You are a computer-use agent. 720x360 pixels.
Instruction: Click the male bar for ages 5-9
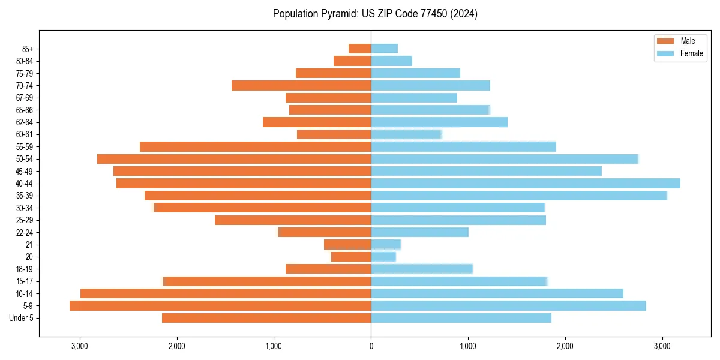tap(220, 306)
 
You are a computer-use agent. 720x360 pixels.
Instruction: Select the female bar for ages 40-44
tap(526, 184)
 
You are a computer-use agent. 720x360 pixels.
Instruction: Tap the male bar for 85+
tap(360, 49)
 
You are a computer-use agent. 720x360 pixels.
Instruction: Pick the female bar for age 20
tap(383, 257)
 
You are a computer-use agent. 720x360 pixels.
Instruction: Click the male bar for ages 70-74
tap(301, 86)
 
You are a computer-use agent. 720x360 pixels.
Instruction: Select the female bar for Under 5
tap(461, 318)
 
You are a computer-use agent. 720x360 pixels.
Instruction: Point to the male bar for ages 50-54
tap(234, 159)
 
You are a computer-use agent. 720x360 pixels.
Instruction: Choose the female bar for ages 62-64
tap(439, 122)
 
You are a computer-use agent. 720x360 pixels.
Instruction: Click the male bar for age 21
tap(347, 245)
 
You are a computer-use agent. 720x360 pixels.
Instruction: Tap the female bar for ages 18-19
tap(422, 269)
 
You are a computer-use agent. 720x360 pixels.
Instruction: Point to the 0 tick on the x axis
tap(371, 346)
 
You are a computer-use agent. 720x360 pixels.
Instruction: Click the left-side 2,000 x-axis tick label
tap(176, 346)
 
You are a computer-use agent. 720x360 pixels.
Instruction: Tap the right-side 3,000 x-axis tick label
tap(662, 346)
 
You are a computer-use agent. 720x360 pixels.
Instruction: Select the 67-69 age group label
tap(25, 98)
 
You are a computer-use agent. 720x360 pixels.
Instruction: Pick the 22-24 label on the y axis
tap(25, 232)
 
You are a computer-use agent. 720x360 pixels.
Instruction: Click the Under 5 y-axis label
tap(22, 318)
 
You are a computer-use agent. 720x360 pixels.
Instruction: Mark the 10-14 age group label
tap(25, 293)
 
